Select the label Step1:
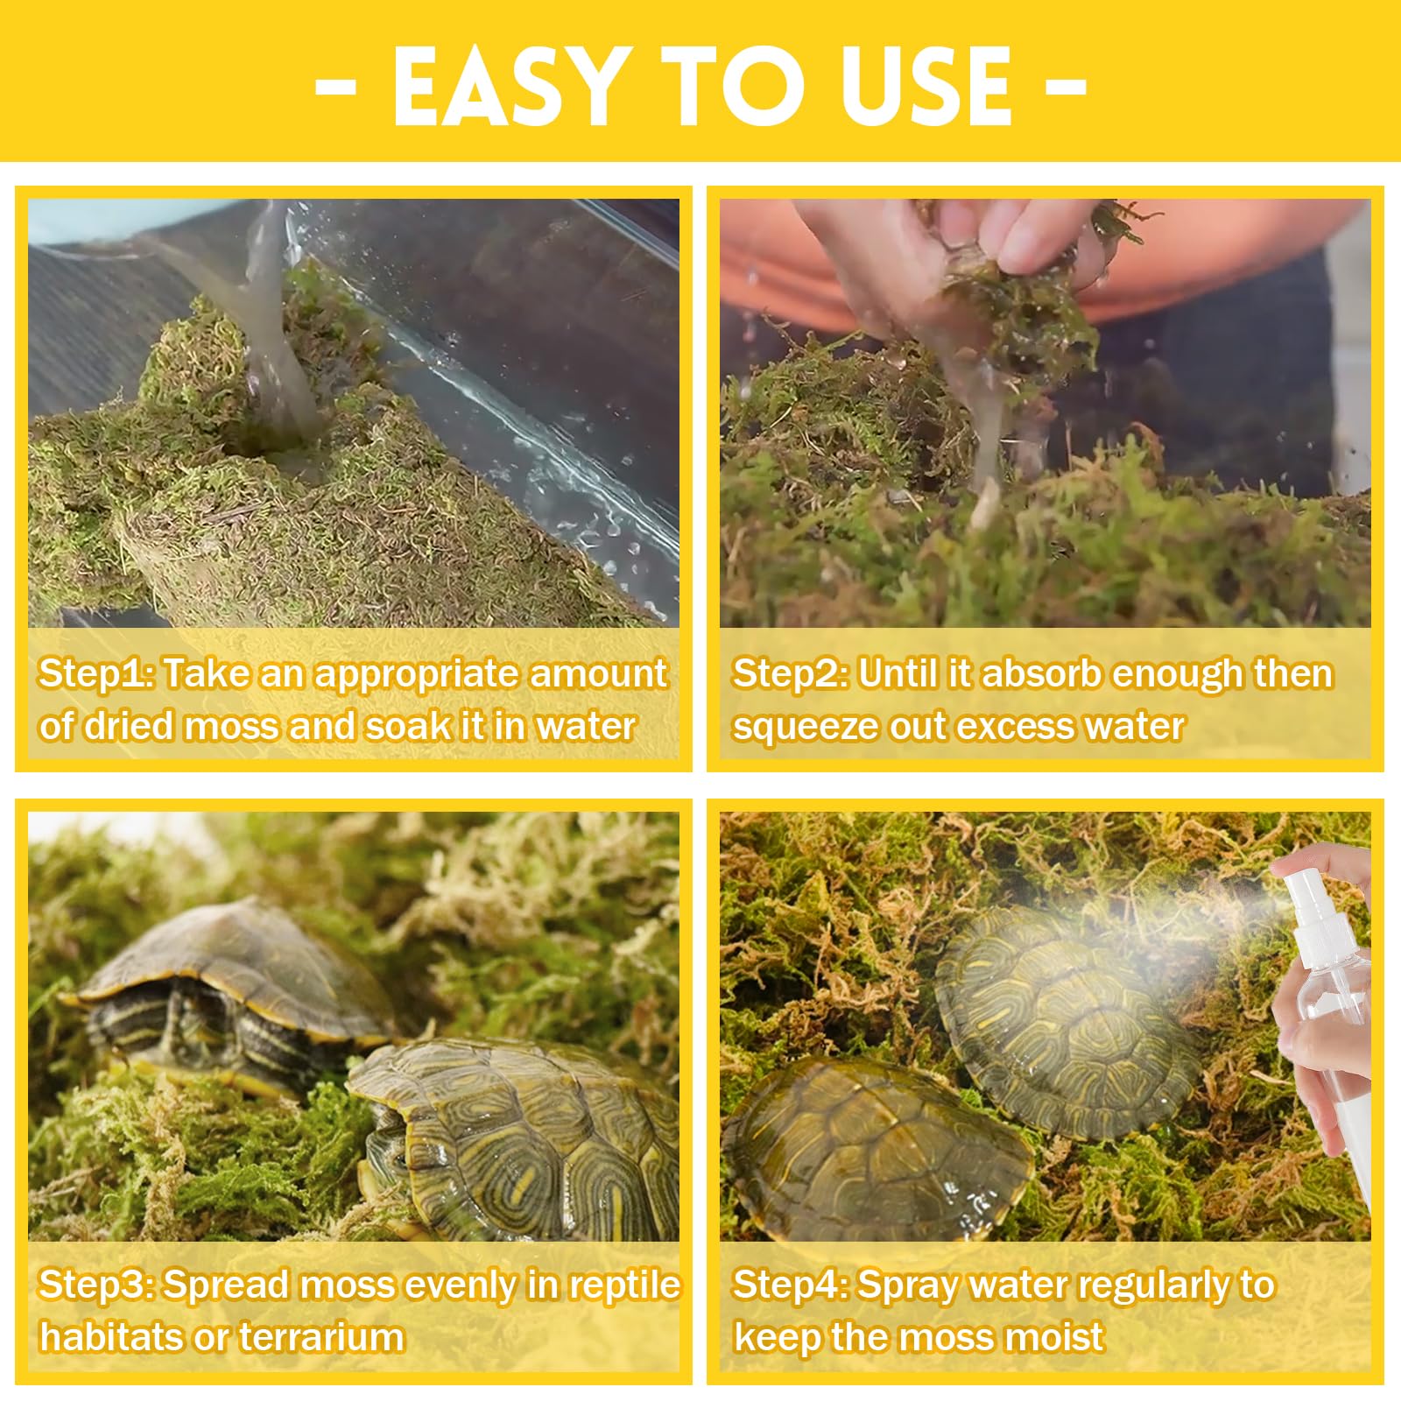coord(96,673)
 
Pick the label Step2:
coord(790,673)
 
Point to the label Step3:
coord(96,1285)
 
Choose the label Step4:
coord(790,1285)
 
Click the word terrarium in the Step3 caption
coord(321,1337)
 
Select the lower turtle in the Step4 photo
coord(876,1147)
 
